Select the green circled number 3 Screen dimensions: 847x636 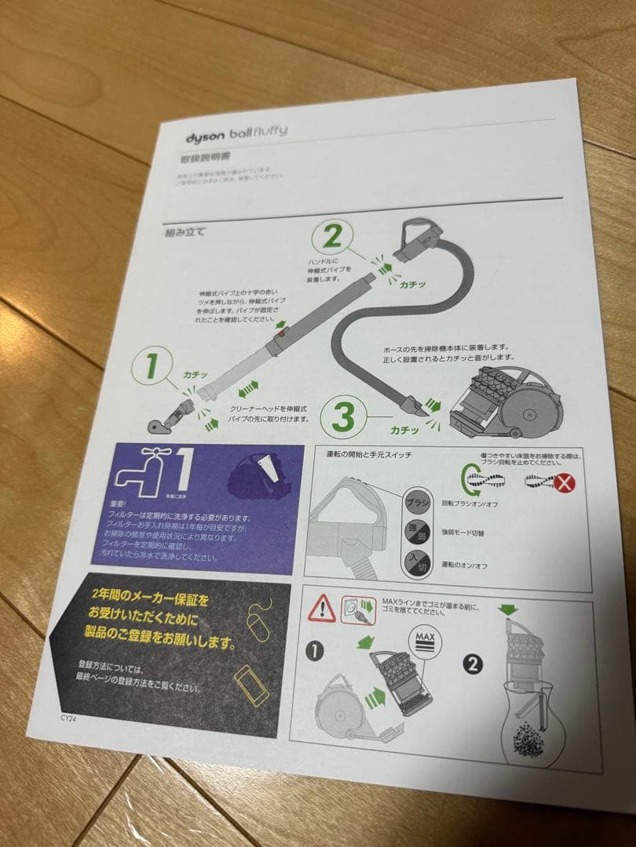pos(342,416)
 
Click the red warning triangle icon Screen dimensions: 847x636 pos(322,609)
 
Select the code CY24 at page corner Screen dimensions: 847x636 pos(70,717)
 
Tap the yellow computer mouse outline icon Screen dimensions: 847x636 pos(260,623)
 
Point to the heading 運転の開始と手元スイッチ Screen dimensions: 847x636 pos(368,454)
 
